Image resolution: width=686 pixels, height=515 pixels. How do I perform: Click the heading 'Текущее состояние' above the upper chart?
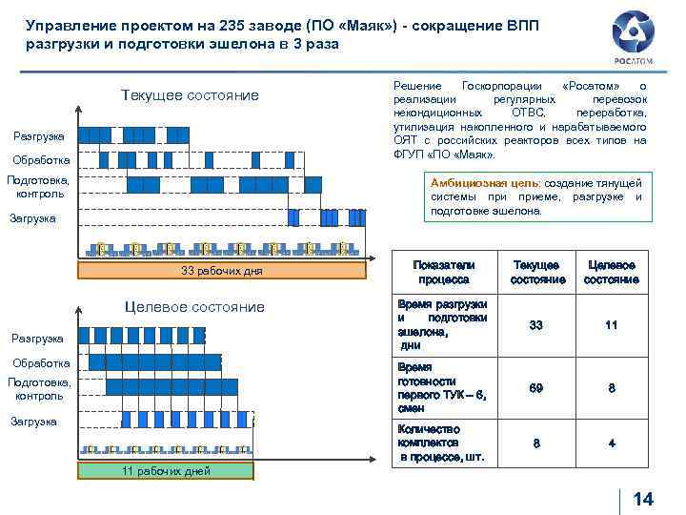tap(190, 95)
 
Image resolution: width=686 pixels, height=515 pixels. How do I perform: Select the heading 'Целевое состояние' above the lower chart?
tap(195, 306)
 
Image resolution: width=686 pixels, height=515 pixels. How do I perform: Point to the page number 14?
tap(643, 499)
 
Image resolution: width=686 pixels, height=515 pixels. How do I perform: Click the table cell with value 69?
tap(536, 388)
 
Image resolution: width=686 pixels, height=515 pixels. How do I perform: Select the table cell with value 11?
tap(611, 325)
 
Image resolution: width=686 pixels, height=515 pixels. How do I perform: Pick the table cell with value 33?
tap(536, 325)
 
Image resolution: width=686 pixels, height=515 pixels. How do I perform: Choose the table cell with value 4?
tap(611, 443)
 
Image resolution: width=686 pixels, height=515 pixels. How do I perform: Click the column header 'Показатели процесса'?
tap(443, 272)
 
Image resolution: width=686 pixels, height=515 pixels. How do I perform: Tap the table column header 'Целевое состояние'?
tap(611, 272)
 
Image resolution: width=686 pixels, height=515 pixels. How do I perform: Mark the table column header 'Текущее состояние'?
tap(537, 272)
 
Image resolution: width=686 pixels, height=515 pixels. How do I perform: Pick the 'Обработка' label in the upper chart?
tap(41, 159)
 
